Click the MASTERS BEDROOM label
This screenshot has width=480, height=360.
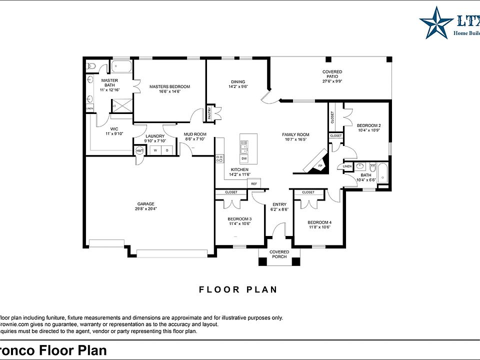coord(169,86)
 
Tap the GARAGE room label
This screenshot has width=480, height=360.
coord(145,203)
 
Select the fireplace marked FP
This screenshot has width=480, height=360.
coord(320,165)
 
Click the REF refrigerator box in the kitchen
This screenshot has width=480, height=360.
coord(254,184)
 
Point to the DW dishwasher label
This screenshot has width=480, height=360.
coord(244,158)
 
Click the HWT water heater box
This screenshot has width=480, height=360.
coord(139,150)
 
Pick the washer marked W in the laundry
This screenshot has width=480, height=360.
coord(155,150)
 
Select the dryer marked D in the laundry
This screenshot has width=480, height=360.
coord(167,150)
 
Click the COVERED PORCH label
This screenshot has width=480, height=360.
coord(279,254)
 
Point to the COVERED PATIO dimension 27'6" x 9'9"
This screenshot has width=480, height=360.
coord(332,81)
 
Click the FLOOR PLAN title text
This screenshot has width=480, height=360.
coord(238,289)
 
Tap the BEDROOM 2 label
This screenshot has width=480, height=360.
coord(369,125)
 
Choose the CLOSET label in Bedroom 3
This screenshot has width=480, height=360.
coord(231,192)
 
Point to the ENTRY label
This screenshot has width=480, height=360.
coord(279,204)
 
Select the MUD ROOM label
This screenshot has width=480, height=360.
coord(195,134)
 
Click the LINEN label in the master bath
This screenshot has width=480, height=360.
coord(90,108)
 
